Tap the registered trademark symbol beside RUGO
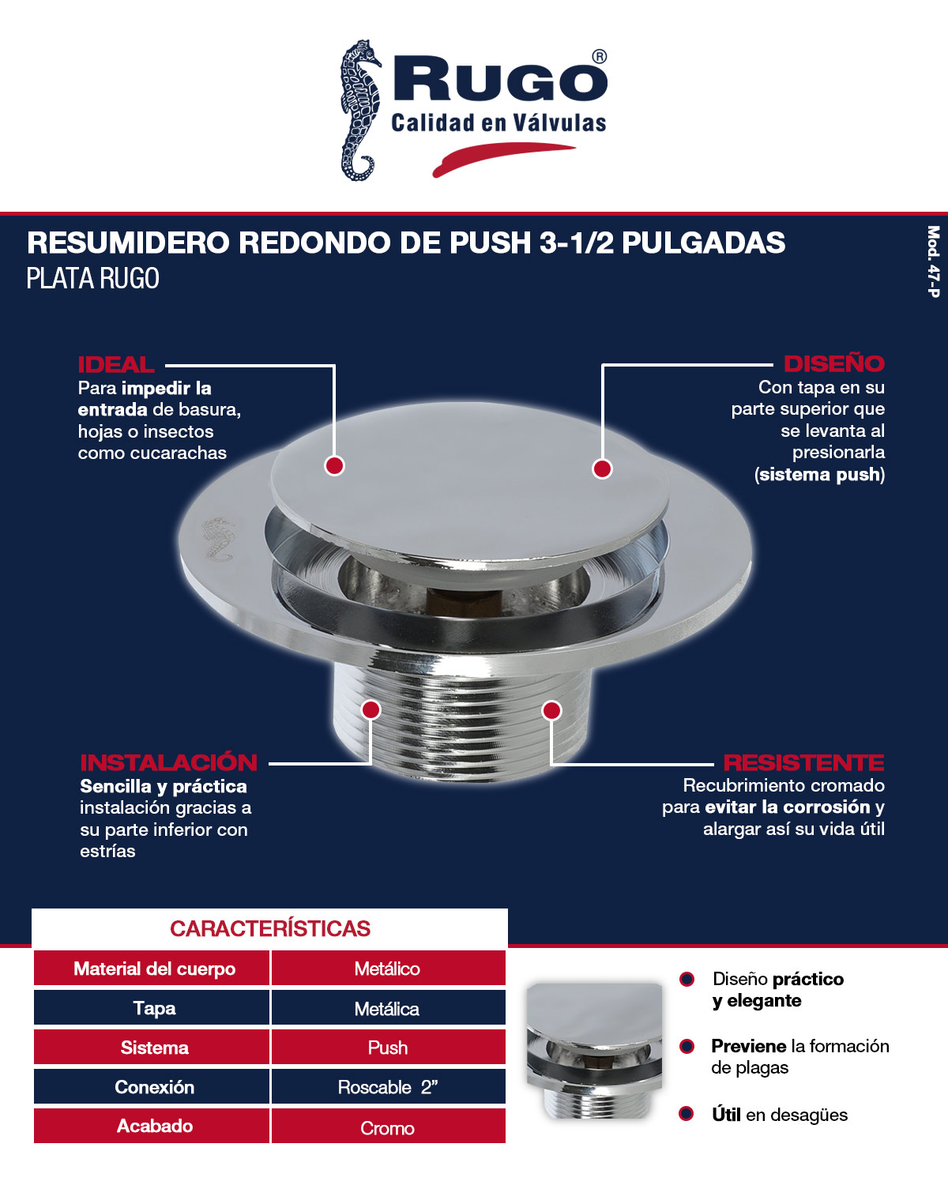600,57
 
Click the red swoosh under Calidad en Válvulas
502,157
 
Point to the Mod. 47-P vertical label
933,261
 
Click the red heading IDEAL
115,364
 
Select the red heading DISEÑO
833,363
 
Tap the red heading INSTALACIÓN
168,762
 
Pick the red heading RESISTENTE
803,762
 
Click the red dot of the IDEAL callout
334,466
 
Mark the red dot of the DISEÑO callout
602,468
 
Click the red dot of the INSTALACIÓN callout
371,709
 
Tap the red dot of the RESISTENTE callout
551,710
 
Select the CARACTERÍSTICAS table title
270,928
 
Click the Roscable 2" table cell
388,1087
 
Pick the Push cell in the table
388,1048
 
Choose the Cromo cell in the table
388,1127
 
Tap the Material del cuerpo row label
154,969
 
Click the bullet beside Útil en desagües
687,1114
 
